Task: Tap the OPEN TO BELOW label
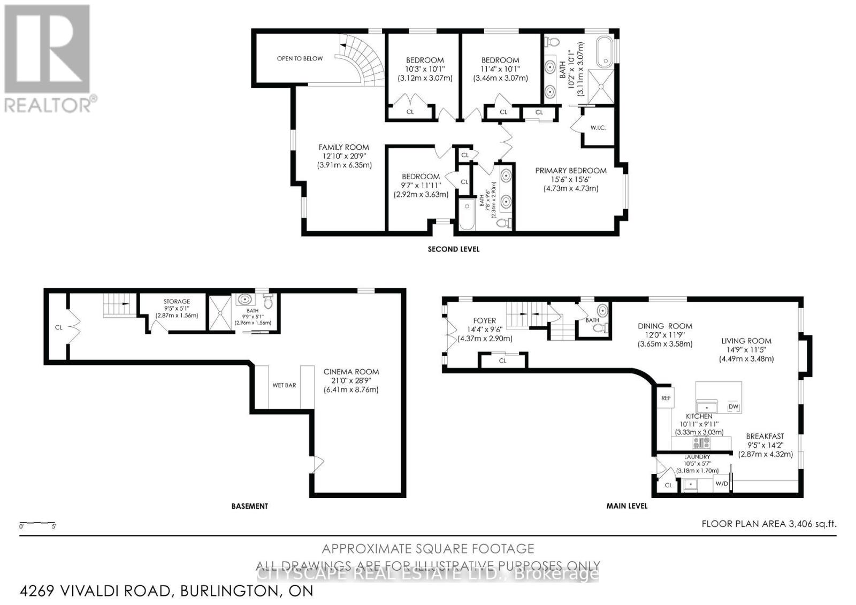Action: [x=300, y=58]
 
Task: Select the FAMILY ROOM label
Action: [x=343, y=147]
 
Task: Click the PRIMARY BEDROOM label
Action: [x=571, y=171]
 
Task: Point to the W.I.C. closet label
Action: [x=598, y=128]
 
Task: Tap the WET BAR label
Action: [x=284, y=385]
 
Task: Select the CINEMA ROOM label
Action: [x=351, y=372]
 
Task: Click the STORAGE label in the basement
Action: [x=177, y=302]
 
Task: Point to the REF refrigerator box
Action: [x=666, y=398]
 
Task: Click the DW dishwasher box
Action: [x=733, y=407]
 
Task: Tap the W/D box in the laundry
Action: [x=722, y=484]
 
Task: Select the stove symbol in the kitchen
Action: [x=701, y=442]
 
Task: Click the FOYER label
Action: [x=485, y=321]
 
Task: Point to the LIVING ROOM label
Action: [x=746, y=341]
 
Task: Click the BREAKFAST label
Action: [x=765, y=436]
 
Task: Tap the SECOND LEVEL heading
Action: [x=453, y=249]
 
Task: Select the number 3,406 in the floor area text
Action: [x=800, y=524]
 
